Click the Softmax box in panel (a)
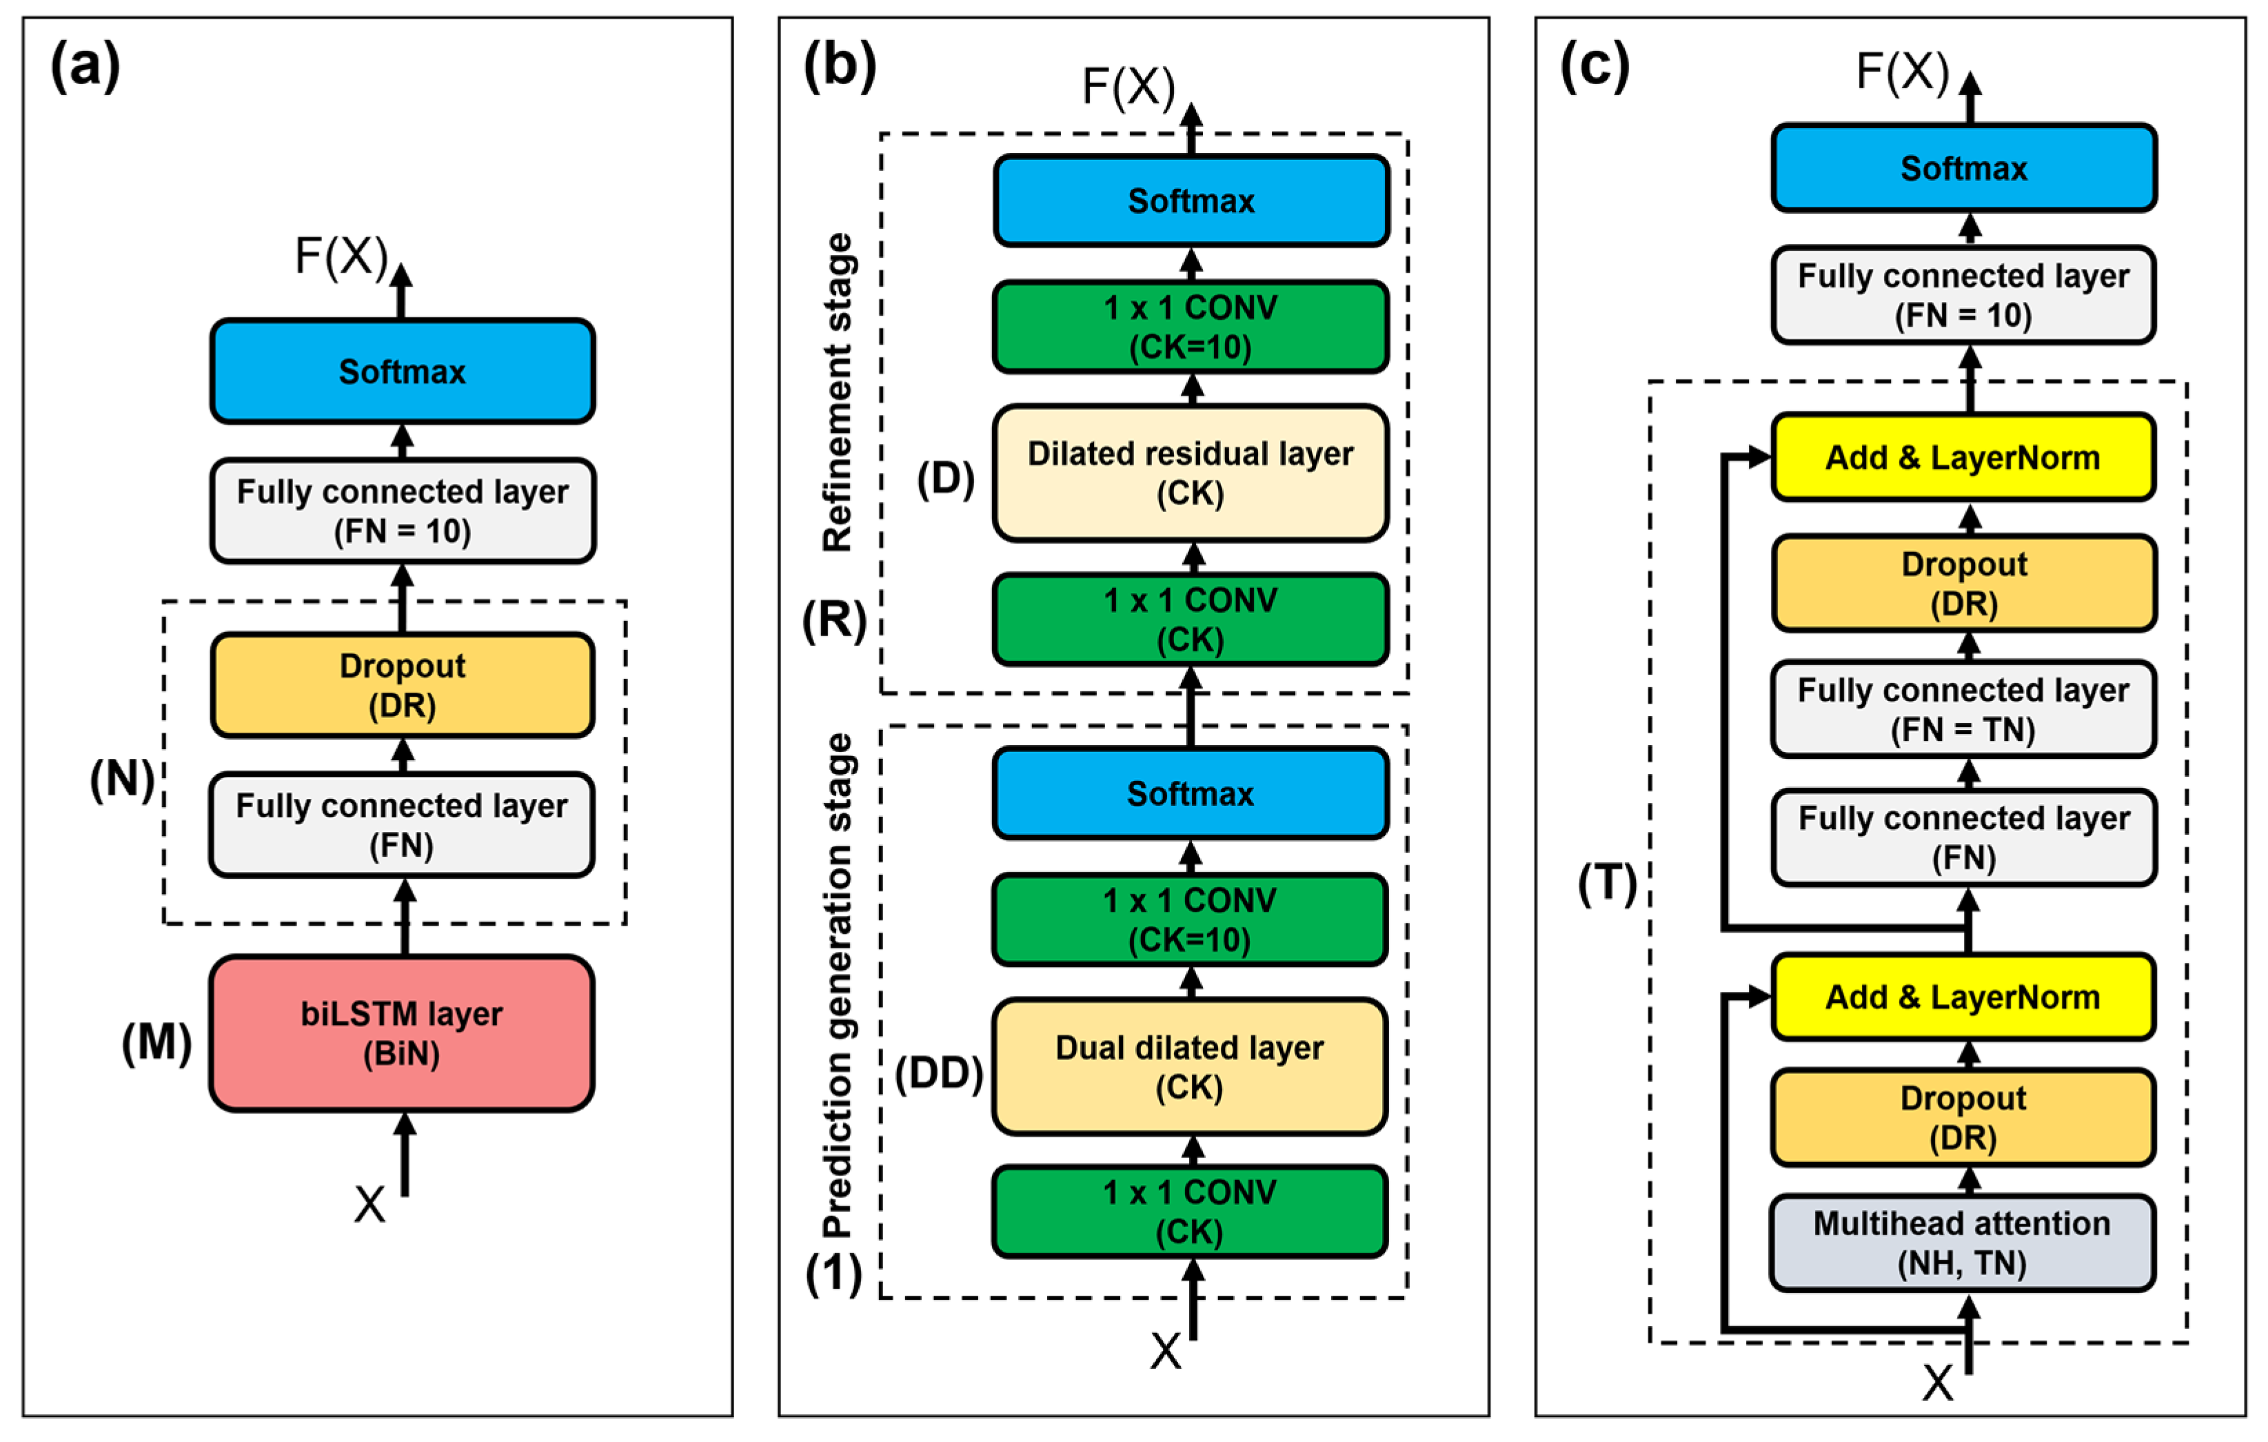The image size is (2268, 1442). (x=402, y=371)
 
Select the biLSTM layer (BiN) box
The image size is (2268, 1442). (x=402, y=1033)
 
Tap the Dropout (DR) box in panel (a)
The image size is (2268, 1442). (x=402, y=684)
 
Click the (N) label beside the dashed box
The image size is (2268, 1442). (x=121, y=779)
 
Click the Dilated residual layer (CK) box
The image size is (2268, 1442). (x=1191, y=473)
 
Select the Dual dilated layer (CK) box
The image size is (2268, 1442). (x=1190, y=1066)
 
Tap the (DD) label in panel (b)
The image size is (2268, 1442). (x=938, y=1072)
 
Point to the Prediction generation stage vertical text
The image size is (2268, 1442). (x=838, y=985)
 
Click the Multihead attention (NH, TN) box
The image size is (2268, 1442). (x=1963, y=1242)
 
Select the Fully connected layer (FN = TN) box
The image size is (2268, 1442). (x=1963, y=709)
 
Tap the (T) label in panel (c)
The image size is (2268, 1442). (x=1607, y=884)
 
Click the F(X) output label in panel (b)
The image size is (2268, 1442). (x=1128, y=87)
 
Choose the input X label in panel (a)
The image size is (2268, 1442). (x=369, y=1204)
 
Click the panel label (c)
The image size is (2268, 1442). (x=1594, y=66)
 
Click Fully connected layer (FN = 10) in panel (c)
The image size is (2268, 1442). (x=1963, y=295)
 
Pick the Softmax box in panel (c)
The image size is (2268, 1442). (x=1963, y=167)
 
